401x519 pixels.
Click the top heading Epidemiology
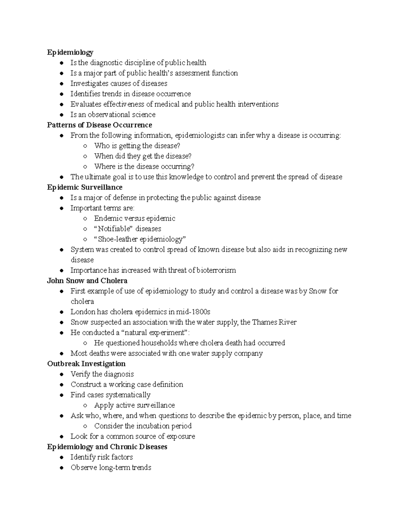[70, 52]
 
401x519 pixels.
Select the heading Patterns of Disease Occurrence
[100, 125]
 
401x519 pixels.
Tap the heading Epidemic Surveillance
[85, 187]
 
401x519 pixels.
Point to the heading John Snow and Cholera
[87, 280]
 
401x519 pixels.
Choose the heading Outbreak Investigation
[86, 364]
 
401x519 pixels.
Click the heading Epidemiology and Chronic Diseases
[107, 447]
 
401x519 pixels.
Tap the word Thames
[265, 322]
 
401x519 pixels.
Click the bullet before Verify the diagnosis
[61, 374]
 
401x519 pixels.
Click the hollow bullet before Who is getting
[86, 146]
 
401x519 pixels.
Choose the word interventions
[258, 104]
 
